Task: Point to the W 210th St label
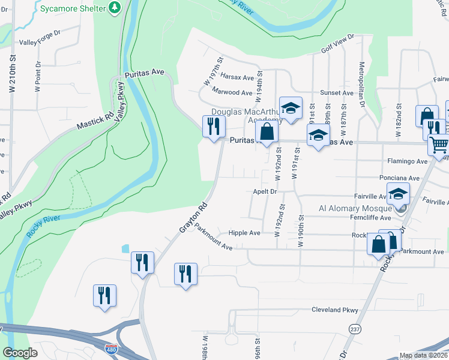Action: point(12,74)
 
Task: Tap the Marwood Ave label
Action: point(232,92)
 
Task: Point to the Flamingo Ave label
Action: point(407,161)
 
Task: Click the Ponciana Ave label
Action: point(399,178)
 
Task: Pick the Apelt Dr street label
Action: point(264,192)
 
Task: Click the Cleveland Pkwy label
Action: point(334,310)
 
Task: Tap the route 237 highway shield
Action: point(355,329)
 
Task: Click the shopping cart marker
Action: point(438,144)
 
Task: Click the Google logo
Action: point(20,353)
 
